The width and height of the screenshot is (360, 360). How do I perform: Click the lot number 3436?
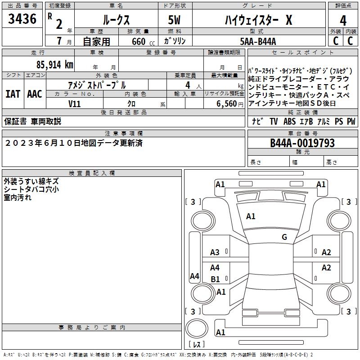pos(22,19)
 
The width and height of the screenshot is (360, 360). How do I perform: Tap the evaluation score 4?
pos(343,21)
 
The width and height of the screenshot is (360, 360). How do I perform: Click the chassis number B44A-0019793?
pos(302,143)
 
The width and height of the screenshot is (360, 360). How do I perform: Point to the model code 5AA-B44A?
pos(258,41)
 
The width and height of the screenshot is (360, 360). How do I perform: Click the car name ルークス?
pos(116,20)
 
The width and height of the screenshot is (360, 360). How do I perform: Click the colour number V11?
pos(75,103)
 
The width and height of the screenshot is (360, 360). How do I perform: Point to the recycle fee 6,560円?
pos(230,103)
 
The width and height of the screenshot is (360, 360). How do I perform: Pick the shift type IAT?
pos(13,94)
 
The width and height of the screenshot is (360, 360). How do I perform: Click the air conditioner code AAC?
pos(35,94)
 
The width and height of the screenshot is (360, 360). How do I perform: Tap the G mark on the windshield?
pos(284,237)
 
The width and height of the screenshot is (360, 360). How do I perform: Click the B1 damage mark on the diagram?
pos(216,279)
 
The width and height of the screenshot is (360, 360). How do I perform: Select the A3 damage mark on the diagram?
pos(215,252)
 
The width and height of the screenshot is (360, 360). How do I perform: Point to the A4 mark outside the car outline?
pos(194,276)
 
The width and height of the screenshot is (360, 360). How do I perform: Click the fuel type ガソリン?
pos(175,41)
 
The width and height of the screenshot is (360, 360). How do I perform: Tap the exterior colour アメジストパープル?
pos(97,85)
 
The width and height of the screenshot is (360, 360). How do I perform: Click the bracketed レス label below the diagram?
pos(197,344)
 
